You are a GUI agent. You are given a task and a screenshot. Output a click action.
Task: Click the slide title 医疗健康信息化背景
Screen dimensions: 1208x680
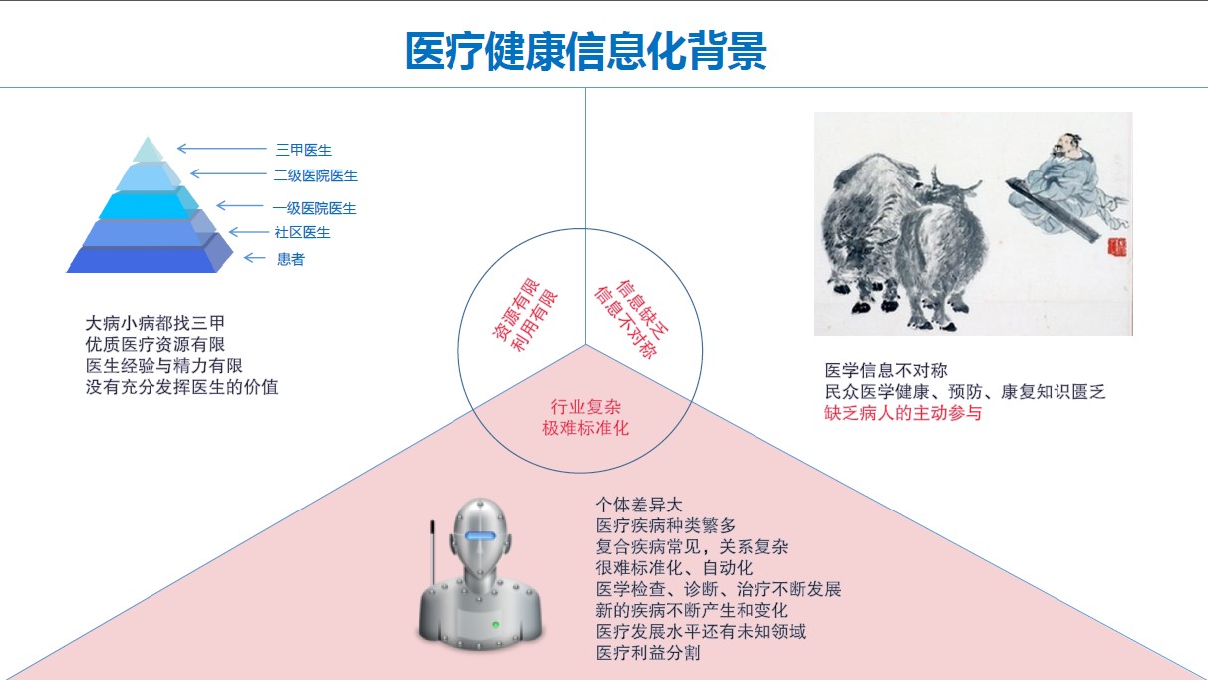(x=586, y=51)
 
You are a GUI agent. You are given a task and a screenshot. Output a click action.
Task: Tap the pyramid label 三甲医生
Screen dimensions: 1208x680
(x=304, y=150)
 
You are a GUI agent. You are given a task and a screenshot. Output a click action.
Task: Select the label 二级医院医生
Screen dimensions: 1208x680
(x=316, y=175)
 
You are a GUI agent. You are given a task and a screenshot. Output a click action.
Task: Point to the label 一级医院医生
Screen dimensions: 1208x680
(x=314, y=208)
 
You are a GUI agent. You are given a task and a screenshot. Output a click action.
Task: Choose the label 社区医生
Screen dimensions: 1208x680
(x=303, y=232)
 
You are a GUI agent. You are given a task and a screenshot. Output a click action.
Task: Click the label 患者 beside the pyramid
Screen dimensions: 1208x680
(x=291, y=259)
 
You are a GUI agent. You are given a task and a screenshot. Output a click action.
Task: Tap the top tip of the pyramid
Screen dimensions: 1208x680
(x=148, y=137)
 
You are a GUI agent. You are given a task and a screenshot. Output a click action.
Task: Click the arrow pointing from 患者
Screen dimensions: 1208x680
(x=254, y=258)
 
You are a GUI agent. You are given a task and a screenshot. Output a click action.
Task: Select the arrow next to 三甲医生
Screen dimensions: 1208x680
(x=221, y=148)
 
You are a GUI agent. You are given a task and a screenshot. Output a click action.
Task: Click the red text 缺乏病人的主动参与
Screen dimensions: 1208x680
(x=903, y=413)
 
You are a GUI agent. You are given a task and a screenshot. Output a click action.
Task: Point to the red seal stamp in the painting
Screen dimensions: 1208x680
(x=1117, y=247)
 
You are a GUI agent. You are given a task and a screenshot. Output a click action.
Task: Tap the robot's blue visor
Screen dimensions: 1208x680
(x=481, y=535)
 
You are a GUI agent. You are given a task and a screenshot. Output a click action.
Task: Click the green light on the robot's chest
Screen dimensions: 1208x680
(x=495, y=625)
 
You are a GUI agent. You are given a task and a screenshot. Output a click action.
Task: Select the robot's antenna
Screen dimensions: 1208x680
(x=432, y=553)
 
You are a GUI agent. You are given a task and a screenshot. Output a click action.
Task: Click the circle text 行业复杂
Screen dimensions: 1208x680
(x=586, y=407)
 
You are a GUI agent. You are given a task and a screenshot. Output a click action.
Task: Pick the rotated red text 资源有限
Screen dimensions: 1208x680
(x=516, y=309)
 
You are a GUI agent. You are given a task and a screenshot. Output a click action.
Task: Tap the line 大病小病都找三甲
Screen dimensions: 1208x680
(x=154, y=323)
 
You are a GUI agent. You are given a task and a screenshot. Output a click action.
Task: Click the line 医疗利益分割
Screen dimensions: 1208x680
(x=648, y=653)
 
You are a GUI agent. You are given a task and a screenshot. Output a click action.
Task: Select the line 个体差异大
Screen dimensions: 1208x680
(x=639, y=505)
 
